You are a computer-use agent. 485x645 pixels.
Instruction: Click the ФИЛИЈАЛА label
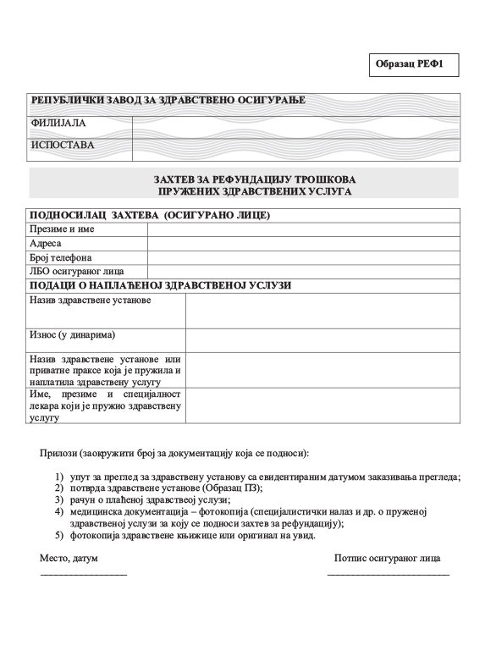coord(58,124)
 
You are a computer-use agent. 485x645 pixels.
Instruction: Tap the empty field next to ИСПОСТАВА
coord(296,146)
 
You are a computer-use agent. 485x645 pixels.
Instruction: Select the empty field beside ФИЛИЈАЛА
coord(296,124)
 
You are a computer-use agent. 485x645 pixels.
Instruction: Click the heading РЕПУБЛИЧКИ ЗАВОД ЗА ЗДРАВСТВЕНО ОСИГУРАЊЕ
coord(168,101)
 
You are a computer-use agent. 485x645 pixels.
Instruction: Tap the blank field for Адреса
coord(303,243)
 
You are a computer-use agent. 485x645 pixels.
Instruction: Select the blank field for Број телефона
coord(303,257)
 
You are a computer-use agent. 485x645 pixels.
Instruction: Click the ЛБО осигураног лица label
coord(77,272)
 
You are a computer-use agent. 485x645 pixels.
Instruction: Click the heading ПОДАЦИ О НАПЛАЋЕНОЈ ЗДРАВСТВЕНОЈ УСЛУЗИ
coord(160,285)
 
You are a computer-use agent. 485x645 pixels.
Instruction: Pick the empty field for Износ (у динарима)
coord(322,339)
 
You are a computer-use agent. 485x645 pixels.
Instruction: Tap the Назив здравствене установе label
coord(90,300)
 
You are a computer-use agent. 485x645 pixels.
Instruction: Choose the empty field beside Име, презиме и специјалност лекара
coord(322,405)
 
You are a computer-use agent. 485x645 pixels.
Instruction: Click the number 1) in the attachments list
coord(59,477)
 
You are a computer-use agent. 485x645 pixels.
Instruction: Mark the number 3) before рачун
coord(59,500)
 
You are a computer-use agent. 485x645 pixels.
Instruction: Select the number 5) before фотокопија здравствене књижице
coord(59,536)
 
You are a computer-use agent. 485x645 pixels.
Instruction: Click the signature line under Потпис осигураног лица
coord(388,576)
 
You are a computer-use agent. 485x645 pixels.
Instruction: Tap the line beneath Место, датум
coord(83,576)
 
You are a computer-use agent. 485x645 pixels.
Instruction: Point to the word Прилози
coord(58,453)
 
